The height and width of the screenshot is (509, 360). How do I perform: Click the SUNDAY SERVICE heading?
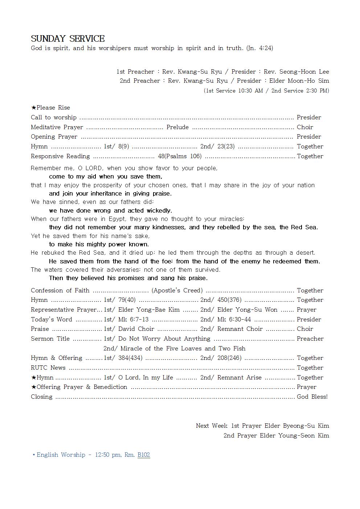click(68, 38)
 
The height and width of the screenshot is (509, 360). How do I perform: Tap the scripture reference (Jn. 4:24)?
click(259, 48)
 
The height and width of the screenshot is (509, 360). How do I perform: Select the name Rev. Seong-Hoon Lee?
click(296, 71)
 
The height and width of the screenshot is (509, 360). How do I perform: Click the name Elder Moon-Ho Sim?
click(299, 81)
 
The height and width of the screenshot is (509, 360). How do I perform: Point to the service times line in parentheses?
click(266, 90)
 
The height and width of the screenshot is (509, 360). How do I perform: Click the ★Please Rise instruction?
click(50, 107)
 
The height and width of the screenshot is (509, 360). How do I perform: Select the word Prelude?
click(177, 127)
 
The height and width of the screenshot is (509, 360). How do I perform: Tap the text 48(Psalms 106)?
click(180, 156)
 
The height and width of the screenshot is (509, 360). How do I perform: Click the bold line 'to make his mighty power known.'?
click(99, 244)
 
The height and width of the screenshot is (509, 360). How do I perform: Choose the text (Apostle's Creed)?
click(177, 290)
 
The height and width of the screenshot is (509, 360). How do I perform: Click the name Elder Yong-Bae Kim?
click(149, 309)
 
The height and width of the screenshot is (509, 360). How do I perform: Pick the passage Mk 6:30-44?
click(234, 319)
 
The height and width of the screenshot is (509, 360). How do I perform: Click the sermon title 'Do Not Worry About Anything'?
click(164, 338)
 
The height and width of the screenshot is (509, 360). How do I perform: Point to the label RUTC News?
click(48, 368)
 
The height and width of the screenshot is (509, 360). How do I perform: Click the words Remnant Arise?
click(240, 377)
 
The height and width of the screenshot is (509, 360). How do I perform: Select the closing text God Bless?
click(312, 397)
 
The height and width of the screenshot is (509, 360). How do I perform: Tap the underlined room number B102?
click(144, 455)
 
